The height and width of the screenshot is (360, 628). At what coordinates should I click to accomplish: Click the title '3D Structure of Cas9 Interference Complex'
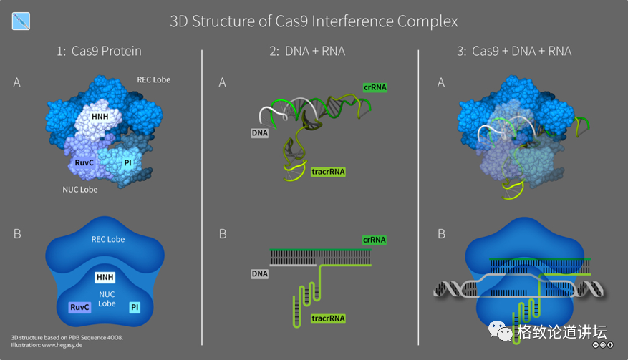(x=314, y=21)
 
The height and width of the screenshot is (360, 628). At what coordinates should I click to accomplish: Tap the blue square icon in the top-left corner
(x=21, y=21)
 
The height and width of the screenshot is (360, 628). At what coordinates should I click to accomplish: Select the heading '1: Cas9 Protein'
(x=99, y=51)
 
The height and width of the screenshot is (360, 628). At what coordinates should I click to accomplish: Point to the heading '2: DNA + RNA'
(x=310, y=51)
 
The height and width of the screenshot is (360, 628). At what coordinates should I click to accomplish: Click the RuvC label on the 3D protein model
(x=85, y=162)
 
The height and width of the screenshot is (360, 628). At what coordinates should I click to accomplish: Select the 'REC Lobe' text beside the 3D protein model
(x=153, y=79)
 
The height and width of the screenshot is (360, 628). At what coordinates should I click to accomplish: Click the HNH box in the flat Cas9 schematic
(x=105, y=276)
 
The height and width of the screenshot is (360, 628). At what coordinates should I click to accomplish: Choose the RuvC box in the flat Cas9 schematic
(x=79, y=307)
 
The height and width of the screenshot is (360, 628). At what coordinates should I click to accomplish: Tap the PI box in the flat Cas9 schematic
(x=134, y=307)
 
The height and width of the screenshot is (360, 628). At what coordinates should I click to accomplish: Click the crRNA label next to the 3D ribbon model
(x=375, y=87)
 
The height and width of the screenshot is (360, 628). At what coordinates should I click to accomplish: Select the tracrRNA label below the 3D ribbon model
(x=329, y=172)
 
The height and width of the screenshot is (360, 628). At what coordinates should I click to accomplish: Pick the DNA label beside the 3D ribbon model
(x=259, y=132)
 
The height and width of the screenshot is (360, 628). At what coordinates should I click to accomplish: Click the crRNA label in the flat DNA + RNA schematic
(x=374, y=240)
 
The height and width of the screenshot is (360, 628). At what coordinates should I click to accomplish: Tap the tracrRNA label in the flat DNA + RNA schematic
(x=328, y=318)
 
